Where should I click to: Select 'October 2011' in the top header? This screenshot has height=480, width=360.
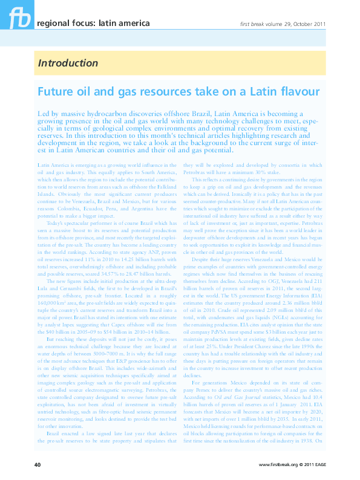(309, 24)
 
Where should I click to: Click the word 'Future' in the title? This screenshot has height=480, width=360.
(57, 92)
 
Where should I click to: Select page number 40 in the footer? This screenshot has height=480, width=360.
(37, 464)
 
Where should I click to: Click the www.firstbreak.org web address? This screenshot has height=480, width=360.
(280, 464)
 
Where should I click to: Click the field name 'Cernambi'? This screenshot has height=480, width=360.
(79, 288)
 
